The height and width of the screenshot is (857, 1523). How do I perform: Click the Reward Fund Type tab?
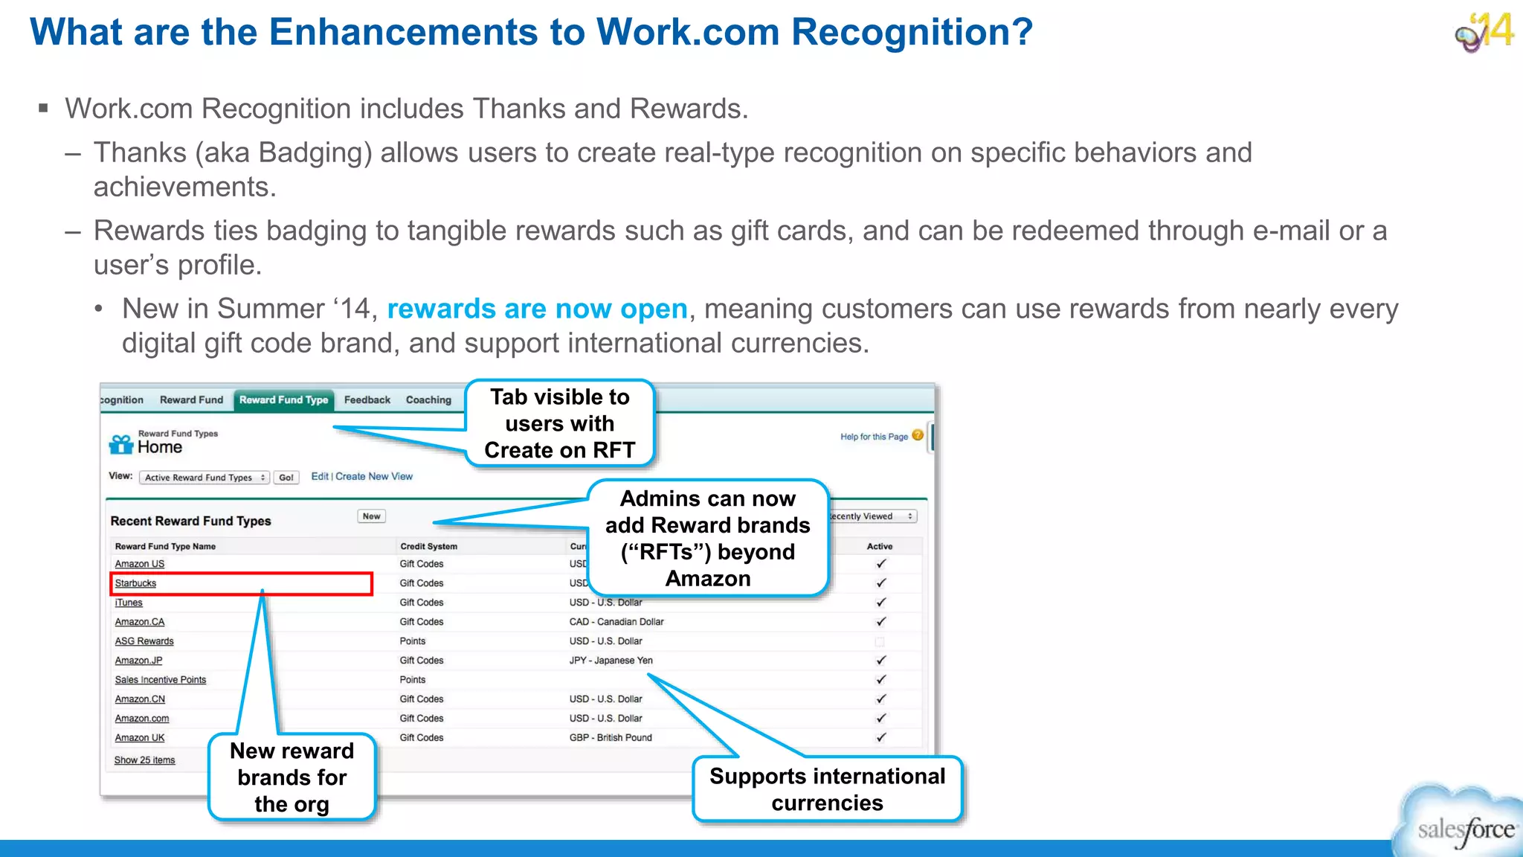(x=283, y=400)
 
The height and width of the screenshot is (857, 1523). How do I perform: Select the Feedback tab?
(x=367, y=400)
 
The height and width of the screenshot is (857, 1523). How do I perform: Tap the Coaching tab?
(x=428, y=400)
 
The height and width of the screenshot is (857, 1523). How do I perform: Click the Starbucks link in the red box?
(x=135, y=583)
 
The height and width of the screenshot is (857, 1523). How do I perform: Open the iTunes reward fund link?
(x=129, y=603)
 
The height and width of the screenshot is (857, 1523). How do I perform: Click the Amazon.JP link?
(x=138, y=661)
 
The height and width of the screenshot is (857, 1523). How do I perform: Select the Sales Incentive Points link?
(x=160, y=680)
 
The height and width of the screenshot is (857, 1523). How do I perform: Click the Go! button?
(x=286, y=478)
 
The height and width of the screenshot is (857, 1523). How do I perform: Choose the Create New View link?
(x=374, y=477)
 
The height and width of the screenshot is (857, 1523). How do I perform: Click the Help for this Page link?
(x=874, y=437)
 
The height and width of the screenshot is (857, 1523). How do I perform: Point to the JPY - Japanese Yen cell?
(x=611, y=661)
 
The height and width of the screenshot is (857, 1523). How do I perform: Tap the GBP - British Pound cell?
(x=611, y=738)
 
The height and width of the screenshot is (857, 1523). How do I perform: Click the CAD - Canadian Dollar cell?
(x=616, y=622)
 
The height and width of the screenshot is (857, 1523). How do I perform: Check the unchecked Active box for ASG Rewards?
(x=880, y=641)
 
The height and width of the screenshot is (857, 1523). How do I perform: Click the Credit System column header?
(x=428, y=546)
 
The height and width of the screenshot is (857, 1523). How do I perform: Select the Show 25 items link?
(x=144, y=760)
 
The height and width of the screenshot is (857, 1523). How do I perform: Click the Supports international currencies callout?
(x=827, y=789)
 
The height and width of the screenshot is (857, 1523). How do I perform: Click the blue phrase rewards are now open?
(x=537, y=309)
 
